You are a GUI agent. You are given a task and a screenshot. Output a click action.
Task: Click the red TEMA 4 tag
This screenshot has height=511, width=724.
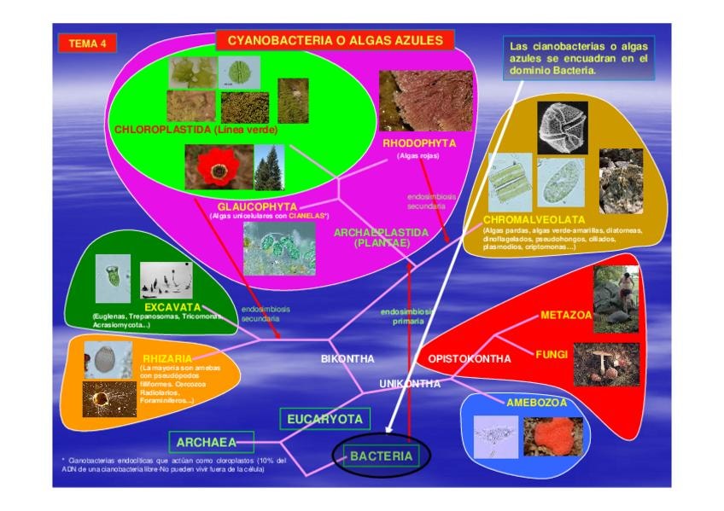coord(87,44)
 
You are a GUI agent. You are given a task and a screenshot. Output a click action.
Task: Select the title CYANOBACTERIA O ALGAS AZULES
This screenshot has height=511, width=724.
coord(335,40)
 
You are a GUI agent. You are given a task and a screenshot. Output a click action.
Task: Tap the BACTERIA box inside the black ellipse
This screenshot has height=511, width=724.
coord(381,456)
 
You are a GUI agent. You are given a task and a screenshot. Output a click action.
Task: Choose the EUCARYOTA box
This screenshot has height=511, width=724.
coord(324,419)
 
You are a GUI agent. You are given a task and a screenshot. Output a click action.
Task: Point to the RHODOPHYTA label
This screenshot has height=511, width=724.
coord(419,142)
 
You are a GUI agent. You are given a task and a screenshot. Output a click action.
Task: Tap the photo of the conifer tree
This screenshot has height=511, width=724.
coord(269,167)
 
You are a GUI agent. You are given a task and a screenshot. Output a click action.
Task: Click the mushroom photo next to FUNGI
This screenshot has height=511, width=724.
coord(605,363)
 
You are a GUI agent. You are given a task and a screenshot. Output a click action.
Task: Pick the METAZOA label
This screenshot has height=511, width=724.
coord(566,316)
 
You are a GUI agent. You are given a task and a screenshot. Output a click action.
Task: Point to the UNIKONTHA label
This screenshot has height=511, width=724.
coord(410,384)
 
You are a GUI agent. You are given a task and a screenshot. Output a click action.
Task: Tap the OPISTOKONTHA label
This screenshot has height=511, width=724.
coord(469,359)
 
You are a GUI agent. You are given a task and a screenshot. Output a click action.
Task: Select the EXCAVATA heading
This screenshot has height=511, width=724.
coord(172,306)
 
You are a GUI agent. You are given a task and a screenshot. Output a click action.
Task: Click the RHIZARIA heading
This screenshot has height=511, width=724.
coord(167,359)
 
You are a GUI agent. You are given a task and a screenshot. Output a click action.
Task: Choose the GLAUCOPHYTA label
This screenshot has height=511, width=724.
coord(256,206)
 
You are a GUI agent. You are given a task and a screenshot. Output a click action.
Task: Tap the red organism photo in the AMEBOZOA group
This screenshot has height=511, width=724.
coord(552,436)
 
